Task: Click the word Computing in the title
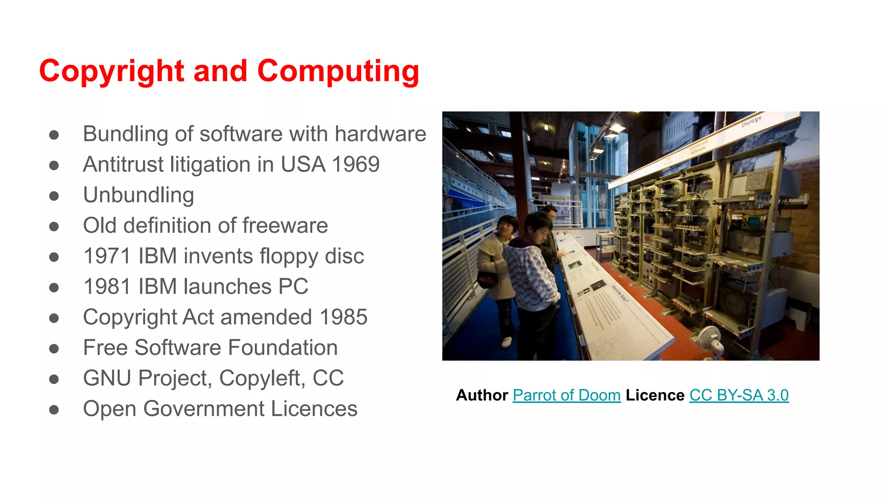pyautogui.click(x=338, y=71)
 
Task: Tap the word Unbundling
pyautogui.click(x=138, y=195)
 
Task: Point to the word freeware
pyautogui.click(x=285, y=226)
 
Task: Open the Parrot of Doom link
pyautogui.click(x=567, y=395)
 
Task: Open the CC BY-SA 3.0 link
pyautogui.click(x=739, y=395)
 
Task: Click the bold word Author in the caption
pyautogui.click(x=482, y=395)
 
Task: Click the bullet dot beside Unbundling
pyautogui.click(x=54, y=196)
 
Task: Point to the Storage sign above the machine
pyautogui.click(x=751, y=121)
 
